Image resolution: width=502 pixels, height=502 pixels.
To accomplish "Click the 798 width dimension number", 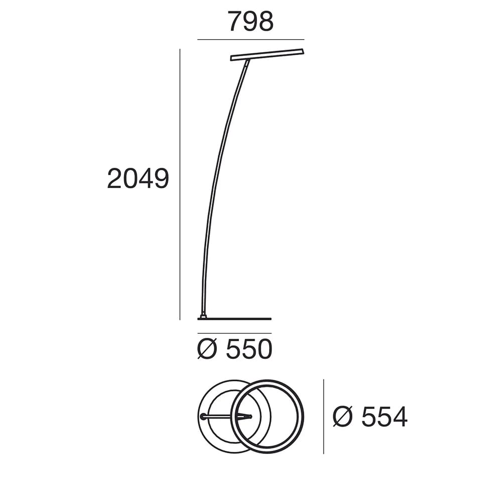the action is coord(250,21).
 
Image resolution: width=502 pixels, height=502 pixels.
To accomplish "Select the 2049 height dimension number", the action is coord(138,178).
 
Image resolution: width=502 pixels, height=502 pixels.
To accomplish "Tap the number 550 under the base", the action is coord(249,349).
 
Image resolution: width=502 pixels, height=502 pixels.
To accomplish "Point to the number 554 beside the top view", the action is coord(384,417).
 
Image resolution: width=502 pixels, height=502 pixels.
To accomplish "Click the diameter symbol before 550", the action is coord(207,349).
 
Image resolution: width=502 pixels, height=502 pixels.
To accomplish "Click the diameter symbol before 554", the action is coord(342,417).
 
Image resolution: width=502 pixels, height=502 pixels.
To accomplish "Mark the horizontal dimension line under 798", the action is coord(250,40).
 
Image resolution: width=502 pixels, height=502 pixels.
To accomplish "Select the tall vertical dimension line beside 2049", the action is coord(180,184).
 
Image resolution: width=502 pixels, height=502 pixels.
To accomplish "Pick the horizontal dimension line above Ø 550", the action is coord(234,333).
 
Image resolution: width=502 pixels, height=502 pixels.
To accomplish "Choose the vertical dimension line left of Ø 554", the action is coord(324,417).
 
